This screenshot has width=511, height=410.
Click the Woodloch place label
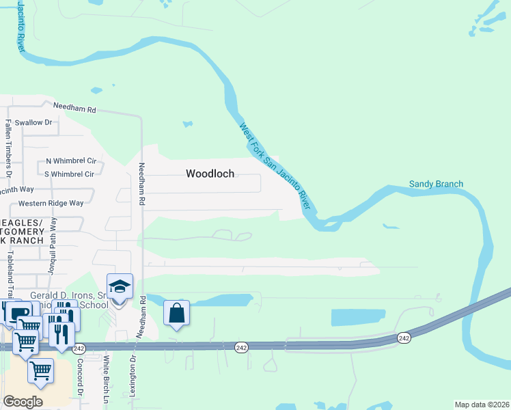tap(210, 174)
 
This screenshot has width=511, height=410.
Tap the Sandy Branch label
tap(436, 184)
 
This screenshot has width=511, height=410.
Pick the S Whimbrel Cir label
tap(68, 174)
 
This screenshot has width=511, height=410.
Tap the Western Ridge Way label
tap(51, 203)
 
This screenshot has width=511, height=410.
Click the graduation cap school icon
tap(120, 287)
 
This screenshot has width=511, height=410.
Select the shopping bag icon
tap(176, 314)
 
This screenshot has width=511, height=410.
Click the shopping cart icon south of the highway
tap(41, 370)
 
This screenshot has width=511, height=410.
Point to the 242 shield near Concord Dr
tap(79, 348)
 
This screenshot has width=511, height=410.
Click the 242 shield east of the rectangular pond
tap(404, 338)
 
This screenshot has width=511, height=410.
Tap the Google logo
tap(23, 402)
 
